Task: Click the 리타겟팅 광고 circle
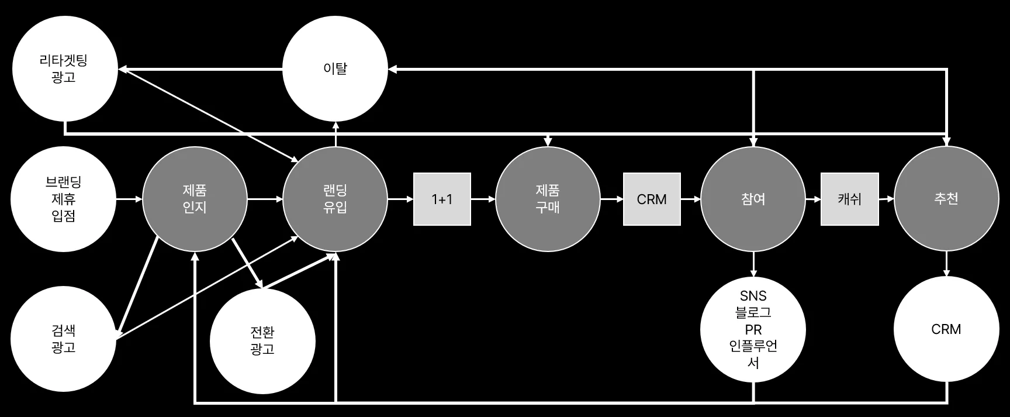64,69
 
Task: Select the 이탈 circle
335,69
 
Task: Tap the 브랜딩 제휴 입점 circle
64,199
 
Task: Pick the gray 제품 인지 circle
195,199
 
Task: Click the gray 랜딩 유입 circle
335,199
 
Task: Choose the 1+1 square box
442,199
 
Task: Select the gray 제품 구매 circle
548,199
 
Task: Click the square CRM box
652,199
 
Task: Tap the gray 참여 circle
753,199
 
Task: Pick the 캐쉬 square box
849,199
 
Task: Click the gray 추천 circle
946,199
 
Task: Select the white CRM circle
946,329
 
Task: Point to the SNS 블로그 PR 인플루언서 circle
753,329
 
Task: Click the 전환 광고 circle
262,341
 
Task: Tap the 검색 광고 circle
64,339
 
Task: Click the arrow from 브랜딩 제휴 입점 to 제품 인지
129,199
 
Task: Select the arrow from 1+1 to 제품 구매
483,199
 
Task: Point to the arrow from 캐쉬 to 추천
886,199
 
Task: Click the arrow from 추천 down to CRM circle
946,264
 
